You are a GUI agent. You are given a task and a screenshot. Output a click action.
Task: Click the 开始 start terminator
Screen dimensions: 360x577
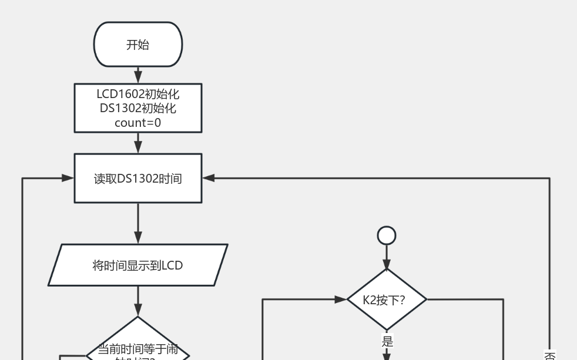coord(138,45)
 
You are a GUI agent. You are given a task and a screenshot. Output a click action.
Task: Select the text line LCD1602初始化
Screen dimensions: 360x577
coord(138,94)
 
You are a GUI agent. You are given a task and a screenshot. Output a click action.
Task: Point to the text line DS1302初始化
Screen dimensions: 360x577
coord(138,108)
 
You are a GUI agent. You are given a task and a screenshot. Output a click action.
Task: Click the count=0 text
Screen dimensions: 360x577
coord(138,123)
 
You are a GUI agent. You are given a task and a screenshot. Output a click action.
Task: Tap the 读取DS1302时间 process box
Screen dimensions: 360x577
coord(138,179)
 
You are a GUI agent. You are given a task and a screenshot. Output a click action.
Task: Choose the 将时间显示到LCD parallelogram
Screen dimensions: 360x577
coord(138,265)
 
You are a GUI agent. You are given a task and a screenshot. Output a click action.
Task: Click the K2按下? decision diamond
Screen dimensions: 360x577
coord(387,300)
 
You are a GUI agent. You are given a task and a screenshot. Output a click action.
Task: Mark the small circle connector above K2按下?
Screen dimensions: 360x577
coord(387,235)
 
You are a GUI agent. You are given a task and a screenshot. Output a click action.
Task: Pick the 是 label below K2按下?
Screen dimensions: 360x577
coord(387,341)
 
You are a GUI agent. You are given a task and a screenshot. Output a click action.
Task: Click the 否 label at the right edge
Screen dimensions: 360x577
coord(549,355)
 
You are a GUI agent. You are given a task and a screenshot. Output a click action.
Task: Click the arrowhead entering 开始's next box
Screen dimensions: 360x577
coord(138,78)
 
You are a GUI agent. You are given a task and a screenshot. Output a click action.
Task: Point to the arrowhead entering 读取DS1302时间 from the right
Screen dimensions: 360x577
coord(209,178)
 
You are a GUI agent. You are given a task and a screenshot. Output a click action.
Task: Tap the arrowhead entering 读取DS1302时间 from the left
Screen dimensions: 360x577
coord(68,178)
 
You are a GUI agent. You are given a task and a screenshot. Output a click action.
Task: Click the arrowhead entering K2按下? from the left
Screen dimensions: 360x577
coord(341,300)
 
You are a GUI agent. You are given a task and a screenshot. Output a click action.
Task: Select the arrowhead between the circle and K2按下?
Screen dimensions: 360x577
coord(387,264)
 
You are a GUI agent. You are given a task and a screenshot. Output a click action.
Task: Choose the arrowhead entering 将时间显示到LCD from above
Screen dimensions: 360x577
coord(138,238)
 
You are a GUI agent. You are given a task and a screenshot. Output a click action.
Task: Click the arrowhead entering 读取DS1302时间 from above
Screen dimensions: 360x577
coord(138,148)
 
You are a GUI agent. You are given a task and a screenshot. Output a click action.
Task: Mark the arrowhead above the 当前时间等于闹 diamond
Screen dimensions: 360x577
coord(138,311)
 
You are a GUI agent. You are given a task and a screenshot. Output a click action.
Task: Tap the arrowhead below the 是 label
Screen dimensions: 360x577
coord(387,356)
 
